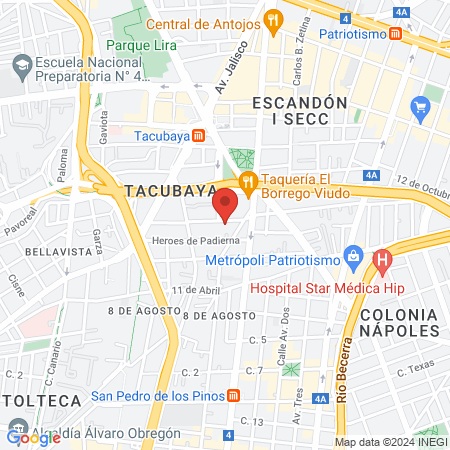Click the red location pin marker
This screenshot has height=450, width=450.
(x=225, y=204)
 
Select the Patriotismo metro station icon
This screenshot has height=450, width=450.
(x=396, y=33)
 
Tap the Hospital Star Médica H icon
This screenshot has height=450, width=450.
(x=381, y=262)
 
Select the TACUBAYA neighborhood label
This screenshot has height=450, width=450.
(x=157, y=189)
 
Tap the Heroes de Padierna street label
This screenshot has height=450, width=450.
(x=196, y=241)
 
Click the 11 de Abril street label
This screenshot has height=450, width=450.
(x=195, y=290)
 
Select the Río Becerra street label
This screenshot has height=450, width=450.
(x=343, y=370)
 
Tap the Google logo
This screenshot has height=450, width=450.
(x=32, y=437)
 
